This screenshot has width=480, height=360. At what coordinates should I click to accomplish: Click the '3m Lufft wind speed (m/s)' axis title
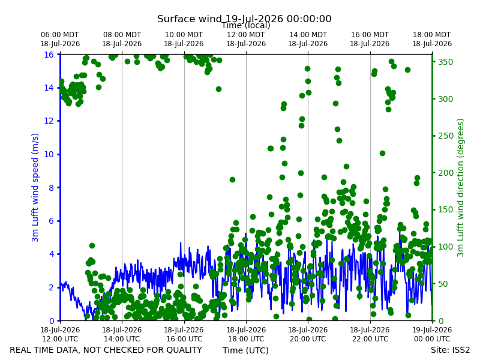click(x=35, y=187)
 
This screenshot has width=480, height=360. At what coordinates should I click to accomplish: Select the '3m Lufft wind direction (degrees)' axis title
click(x=460, y=188)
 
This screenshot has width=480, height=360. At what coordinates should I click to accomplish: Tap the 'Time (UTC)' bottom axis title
click(x=245, y=350)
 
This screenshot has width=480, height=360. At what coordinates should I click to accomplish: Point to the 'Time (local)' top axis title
click(x=246, y=25)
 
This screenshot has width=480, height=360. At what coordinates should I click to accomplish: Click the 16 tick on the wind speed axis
click(x=49, y=55)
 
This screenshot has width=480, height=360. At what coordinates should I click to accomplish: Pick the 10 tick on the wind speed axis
click(x=49, y=154)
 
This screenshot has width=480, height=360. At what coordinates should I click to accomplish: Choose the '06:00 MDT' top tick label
click(x=60, y=35)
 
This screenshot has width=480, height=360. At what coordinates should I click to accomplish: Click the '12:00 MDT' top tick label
click(x=246, y=35)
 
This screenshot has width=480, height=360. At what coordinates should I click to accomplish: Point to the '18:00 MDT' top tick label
click(x=432, y=35)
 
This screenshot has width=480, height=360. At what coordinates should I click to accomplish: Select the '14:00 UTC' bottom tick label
click(x=122, y=339)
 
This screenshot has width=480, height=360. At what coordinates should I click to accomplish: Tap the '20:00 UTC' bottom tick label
click(x=308, y=339)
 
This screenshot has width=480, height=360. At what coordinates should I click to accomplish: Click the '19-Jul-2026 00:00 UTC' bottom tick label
click(x=432, y=334)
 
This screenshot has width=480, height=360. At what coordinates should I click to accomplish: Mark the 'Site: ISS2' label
click(x=450, y=350)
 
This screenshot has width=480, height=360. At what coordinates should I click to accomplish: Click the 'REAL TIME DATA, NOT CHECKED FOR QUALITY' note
click(x=106, y=350)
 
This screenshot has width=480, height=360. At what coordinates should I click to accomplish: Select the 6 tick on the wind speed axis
click(x=51, y=221)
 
